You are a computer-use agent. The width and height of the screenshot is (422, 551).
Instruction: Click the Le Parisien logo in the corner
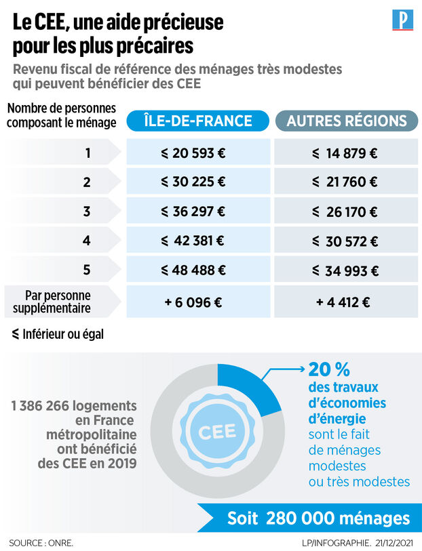402,20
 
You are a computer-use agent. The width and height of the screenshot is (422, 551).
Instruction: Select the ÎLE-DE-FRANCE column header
197,121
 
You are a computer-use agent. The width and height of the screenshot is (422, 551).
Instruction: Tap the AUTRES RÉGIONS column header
347,121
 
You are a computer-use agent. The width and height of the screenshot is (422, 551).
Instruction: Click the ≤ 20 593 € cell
197,153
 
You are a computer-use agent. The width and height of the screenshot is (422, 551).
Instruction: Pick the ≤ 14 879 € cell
346,153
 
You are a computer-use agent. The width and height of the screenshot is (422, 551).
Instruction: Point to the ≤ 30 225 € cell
197,182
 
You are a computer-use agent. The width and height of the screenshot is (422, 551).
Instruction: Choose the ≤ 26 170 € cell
346,211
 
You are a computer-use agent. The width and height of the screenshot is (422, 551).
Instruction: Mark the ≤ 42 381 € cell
197,241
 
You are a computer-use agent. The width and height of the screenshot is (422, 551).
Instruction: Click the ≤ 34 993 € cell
346,270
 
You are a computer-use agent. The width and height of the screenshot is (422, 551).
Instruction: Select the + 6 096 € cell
197,302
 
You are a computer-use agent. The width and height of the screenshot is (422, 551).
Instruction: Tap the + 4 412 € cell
346,302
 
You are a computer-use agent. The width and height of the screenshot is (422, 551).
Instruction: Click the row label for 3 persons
87,211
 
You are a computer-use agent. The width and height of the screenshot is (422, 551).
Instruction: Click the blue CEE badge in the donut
217,432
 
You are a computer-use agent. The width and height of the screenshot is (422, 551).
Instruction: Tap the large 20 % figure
329,369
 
